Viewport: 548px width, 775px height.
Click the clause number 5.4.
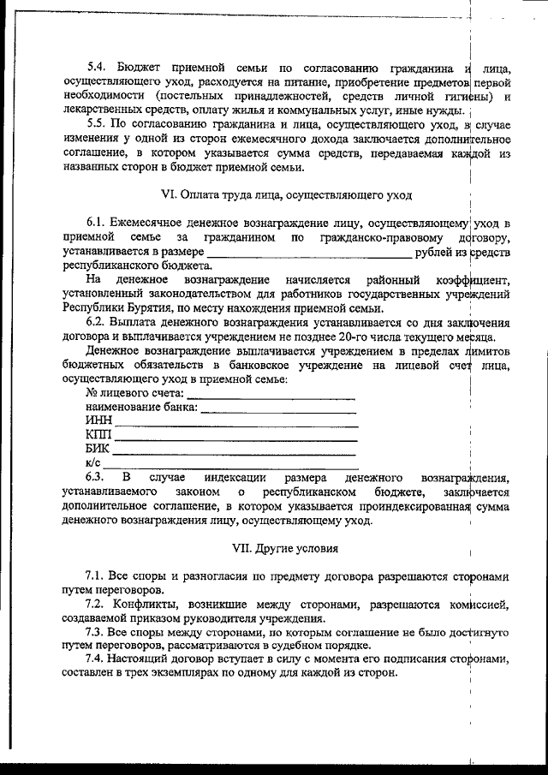tap(98, 67)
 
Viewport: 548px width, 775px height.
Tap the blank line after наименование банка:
tap(277, 408)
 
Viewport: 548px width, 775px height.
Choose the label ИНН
tap(99, 421)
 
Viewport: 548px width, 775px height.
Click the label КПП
tap(99, 435)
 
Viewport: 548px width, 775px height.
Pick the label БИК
tap(98, 450)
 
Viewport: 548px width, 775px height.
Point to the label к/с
tap(94, 463)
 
